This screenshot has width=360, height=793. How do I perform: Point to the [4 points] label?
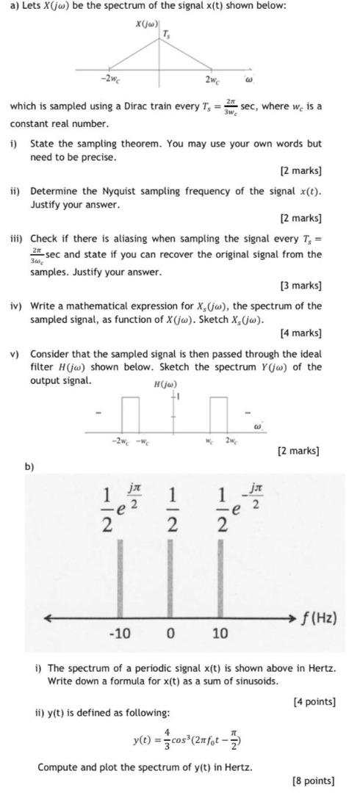point(314,701)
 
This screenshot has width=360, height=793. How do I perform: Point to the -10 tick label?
point(120,633)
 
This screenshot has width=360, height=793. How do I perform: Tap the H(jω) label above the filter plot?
point(165,385)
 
